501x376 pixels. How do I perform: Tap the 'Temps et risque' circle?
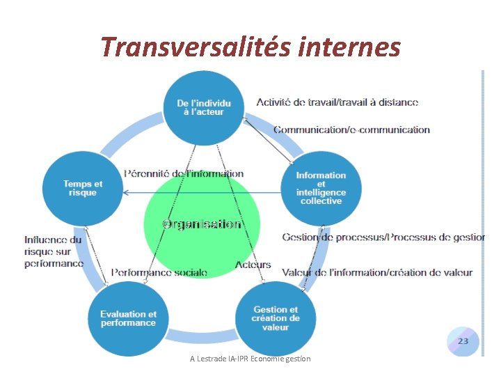[82, 188]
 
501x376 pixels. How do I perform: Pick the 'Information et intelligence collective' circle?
[320, 188]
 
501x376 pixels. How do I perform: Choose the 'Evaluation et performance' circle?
[128, 318]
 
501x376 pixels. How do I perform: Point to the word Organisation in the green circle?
[202, 224]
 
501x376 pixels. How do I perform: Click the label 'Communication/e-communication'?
[351, 130]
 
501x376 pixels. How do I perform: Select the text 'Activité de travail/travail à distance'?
[337, 102]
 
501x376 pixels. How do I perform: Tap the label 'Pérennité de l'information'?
[184, 173]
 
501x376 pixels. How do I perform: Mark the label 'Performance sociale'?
[159, 272]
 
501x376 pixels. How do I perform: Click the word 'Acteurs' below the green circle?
[253, 265]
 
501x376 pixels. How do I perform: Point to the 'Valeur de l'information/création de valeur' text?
[377, 272]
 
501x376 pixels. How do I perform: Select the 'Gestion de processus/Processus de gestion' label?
[383, 237]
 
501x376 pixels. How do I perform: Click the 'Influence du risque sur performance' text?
[54, 251]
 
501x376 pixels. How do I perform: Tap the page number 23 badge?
[463, 341]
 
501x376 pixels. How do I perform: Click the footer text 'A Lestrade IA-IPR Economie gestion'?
[250, 359]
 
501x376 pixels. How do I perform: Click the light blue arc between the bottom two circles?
[202, 335]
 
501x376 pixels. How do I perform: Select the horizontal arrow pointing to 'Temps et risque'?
[202, 193]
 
